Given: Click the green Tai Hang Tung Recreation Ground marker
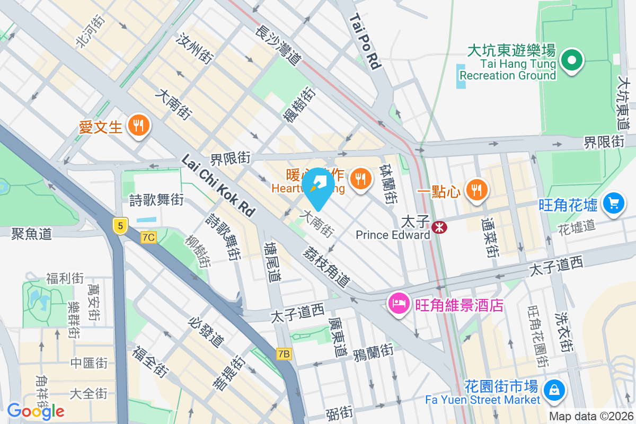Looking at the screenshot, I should (572, 60).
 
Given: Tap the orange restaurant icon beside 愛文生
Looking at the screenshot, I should (139, 126).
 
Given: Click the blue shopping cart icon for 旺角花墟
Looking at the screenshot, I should (614, 203).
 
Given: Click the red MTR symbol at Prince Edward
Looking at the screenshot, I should (439, 227).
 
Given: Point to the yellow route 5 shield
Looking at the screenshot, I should (121, 226).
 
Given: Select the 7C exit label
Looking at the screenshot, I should (149, 237).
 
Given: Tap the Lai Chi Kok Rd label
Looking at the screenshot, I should (218, 185).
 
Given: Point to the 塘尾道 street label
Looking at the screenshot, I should (273, 262).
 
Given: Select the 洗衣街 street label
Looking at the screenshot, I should (565, 332).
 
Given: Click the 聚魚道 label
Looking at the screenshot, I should (32, 233).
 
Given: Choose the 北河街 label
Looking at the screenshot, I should (91, 31).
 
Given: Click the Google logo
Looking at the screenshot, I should (36, 411).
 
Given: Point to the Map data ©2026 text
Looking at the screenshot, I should (591, 417).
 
